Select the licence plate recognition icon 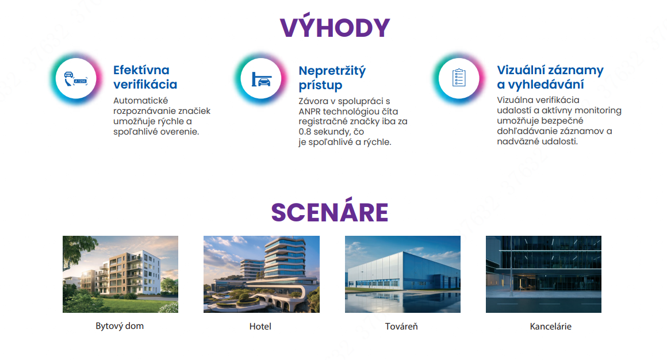[x=76, y=79]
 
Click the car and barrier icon [x=261, y=79]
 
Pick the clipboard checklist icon [x=459, y=78]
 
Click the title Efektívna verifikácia [x=145, y=77]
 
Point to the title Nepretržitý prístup [x=332, y=78]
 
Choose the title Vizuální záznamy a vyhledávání [x=550, y=77]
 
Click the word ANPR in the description [x=310, y=112]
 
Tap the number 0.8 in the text [x=305, y=132]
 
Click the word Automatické [x=141, y=101]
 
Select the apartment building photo [x=120, y=274]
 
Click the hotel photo [x=262, y=274]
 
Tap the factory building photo [x=403, y=274]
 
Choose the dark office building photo [x=543, y=274]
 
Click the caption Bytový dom [x=120, y=326]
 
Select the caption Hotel [x=260, y=327]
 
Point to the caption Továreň [x=401, y=327]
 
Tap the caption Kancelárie [x=550, y=327]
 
